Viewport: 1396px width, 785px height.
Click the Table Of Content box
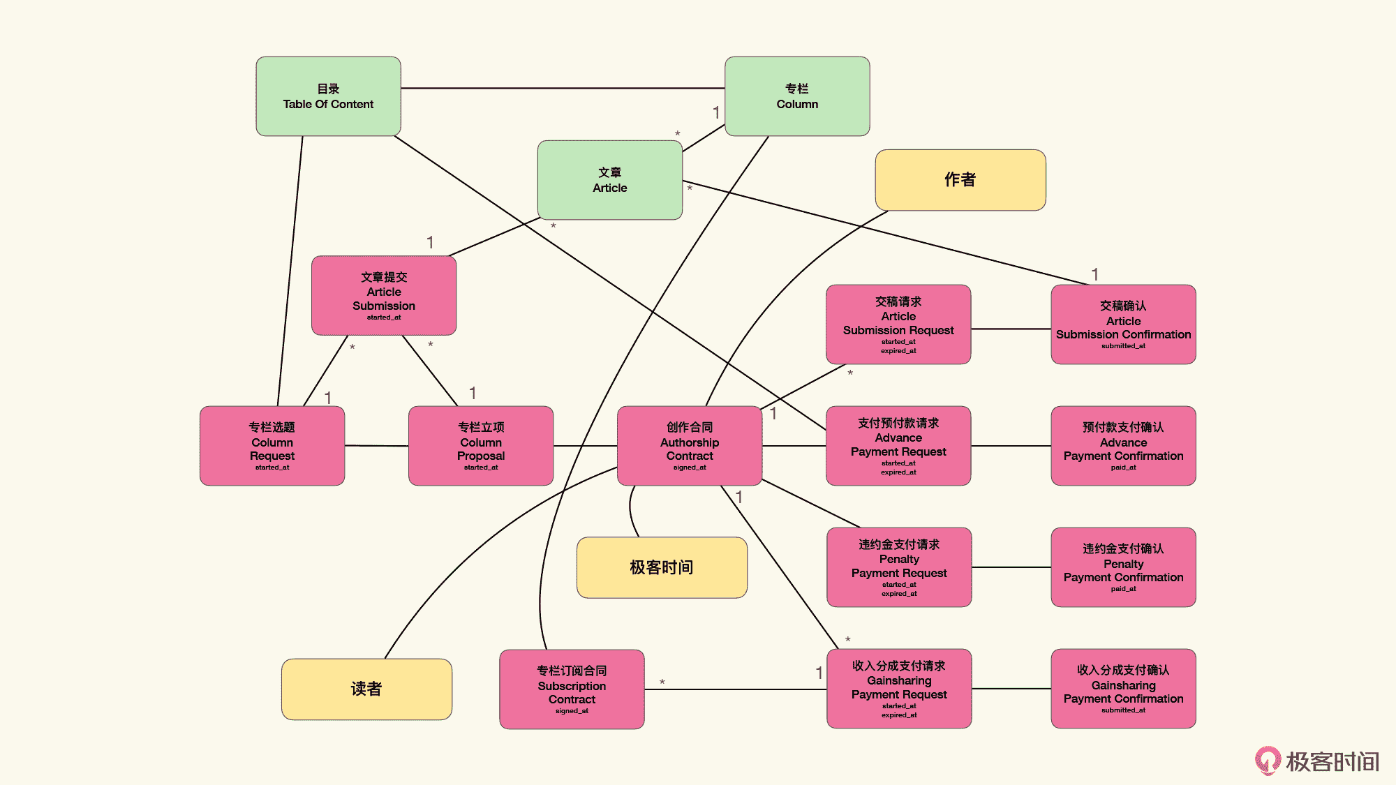point(328,96)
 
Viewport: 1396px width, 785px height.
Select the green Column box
point(797,96)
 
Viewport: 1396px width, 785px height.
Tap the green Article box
point(609,180)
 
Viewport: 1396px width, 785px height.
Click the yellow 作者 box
point(960,180)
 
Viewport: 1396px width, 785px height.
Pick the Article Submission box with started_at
point(384,296)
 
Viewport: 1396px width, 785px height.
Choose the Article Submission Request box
point(898,324)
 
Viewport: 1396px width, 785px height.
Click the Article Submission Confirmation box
point(1123,324)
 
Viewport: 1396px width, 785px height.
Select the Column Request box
point(272,446)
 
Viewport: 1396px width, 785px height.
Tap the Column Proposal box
point(481,446)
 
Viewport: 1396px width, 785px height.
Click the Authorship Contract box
point(690,446)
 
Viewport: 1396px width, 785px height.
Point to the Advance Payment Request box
point(898,446)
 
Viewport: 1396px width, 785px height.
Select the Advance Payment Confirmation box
point(1123,446)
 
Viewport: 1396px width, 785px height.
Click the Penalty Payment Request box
point(899,567)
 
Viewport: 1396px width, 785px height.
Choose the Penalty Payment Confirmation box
point(1123,567)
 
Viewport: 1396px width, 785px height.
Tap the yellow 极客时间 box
point(662,567)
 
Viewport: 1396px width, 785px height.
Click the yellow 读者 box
point(366,689)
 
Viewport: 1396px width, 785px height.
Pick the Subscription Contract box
point(572,689)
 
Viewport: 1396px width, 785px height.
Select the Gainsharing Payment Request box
point(899,689)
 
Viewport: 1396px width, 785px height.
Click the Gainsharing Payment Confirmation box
point(1123,689)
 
